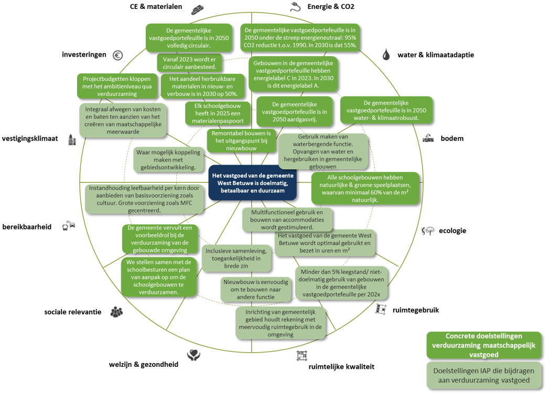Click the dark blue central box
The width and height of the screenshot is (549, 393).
click(252, 182)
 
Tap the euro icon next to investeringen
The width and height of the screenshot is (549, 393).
click(117, 55)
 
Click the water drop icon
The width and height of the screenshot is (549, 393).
click(386, 54)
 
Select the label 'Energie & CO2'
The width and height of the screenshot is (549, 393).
click(331, 7)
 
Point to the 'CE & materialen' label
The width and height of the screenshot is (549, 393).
click(156, 7)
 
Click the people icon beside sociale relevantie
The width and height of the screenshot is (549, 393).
click(116, 312)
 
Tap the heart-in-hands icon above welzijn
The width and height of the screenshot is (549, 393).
click(194, 355)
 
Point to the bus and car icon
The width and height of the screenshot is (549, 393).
click(69, 226)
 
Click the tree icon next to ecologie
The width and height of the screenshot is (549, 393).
click(428, 231)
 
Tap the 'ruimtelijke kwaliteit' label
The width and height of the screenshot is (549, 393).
click(341, 366)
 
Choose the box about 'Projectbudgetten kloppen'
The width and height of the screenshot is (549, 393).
click(110, 86)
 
